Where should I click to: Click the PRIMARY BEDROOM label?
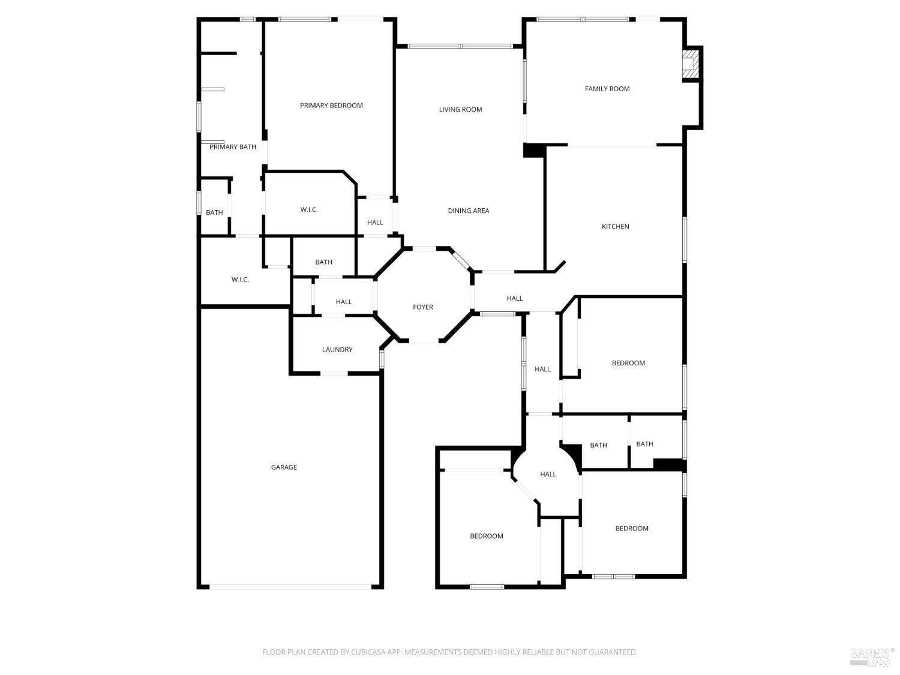pos(331,106)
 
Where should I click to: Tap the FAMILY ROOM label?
pos(607,89)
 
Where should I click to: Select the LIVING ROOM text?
pos(460,109)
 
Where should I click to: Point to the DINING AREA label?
pos(468,211)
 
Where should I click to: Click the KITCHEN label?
pos(615,226)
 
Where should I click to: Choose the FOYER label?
pos(422,307)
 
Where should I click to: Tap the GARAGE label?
pos(284,467)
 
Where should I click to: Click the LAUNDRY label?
pos(337,350)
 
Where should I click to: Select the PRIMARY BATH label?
pos(232,147)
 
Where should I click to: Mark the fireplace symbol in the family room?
pos(691,63)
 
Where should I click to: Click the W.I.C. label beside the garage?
pos(240,280)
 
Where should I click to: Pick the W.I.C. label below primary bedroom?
pos(309,209)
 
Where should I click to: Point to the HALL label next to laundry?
pos(344,302)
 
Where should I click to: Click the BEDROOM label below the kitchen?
pos(628,363)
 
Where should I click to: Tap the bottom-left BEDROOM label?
pos(486,536)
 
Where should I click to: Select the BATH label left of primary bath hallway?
pos(214,212)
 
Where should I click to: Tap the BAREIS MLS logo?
pos(870,656)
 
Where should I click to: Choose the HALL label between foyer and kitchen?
pos(514,298)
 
